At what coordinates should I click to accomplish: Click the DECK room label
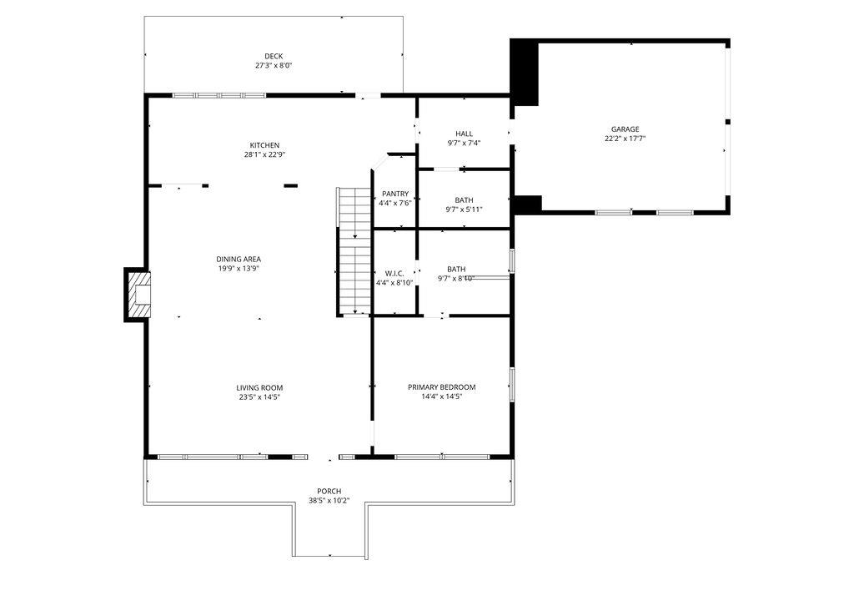274,56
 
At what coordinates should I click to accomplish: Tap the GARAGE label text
625,129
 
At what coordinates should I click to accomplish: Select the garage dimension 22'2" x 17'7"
625,139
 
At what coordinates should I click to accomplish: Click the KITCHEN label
264,145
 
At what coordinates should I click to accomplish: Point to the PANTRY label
395,194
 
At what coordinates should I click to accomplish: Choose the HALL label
464,134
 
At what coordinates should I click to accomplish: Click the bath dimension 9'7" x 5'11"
464,209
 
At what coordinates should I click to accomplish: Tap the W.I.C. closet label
394,273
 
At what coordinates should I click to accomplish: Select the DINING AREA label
239,259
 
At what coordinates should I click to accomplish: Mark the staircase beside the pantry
354,250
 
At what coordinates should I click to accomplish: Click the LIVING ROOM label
259,387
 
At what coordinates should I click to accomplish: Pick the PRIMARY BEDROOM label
441,387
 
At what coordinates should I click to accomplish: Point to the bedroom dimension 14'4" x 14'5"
441,396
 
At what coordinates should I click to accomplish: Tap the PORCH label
329,491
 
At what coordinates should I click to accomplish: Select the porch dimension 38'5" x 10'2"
329,501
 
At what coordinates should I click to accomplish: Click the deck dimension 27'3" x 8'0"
274,65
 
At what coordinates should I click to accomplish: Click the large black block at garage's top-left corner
525,72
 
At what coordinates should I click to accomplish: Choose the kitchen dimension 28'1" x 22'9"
264,154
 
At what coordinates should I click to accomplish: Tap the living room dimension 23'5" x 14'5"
259,396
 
